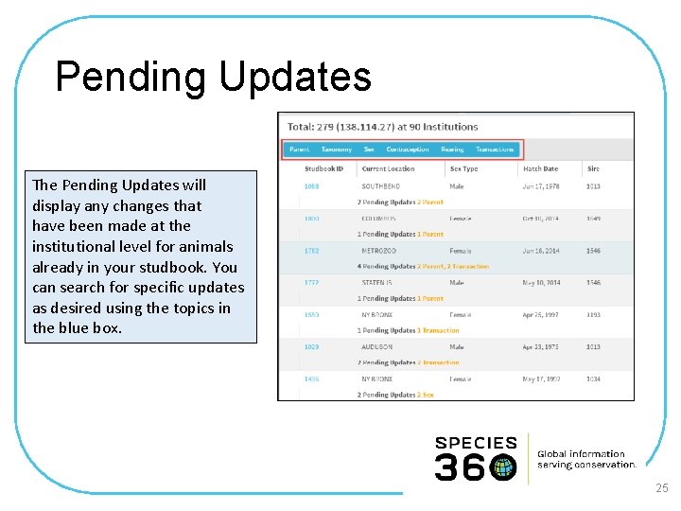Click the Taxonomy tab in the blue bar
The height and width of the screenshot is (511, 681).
tap(336, 150)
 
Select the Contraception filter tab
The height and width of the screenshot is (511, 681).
tap(408, 150)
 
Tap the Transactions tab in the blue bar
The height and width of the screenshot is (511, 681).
tap(495, 150)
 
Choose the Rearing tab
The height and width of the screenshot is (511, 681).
tap(452, 150)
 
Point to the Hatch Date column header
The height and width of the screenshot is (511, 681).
tap(540, 169)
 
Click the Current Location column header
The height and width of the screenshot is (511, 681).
tap(387, 169)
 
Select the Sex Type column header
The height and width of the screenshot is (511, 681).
tap(463, 169)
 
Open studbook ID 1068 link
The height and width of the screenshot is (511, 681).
tap(311, 186)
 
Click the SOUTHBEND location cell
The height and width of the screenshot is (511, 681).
tap(380, 186)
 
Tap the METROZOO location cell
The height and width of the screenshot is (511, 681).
tap(379, 251)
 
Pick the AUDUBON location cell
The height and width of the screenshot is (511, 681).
tap(377, 347)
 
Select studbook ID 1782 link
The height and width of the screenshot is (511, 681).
tap(311, 251)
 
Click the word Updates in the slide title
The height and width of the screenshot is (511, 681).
tap(295, 78)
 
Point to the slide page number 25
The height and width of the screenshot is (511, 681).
tap(661, 488)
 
